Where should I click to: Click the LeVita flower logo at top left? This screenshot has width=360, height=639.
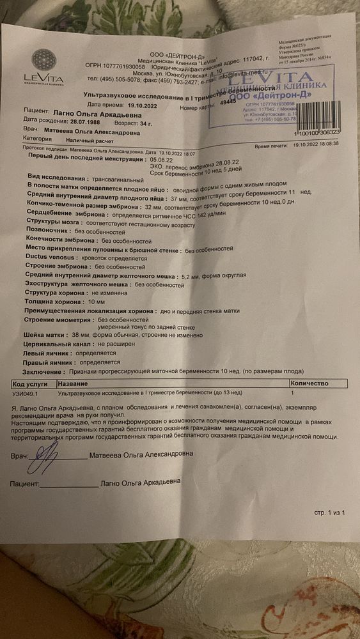(x=43, y=61)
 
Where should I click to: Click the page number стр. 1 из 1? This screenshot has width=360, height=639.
(x=328, y=512)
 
